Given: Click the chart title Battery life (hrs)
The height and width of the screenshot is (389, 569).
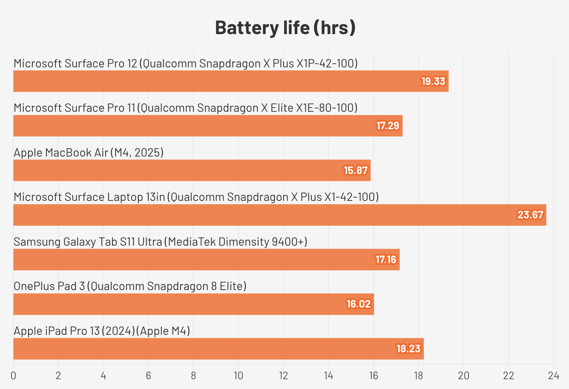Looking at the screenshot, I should click(285, 28).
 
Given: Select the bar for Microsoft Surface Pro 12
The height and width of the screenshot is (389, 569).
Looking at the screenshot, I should click(213, 81).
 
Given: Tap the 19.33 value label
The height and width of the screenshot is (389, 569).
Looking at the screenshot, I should click(433, 81).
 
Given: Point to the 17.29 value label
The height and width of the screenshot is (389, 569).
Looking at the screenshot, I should click(388, 126).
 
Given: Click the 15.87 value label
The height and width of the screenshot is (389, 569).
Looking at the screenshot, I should click(356, 171).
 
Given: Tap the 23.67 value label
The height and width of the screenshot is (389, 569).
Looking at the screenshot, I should click(530, 215).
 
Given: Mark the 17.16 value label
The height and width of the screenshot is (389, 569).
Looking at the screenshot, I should click(386, 259).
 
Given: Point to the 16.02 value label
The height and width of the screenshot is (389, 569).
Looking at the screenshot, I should click(359, 304).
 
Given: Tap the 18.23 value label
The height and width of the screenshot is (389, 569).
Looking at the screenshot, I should click(408, 348).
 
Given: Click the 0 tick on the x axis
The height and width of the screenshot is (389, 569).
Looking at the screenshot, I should click(14, 376).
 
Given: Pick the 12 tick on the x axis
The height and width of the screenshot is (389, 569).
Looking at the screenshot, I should click(283, 376).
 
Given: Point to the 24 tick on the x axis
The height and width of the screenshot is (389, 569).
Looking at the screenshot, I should click(553, 376).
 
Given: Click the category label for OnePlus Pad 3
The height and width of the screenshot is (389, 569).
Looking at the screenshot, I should click(130, 286).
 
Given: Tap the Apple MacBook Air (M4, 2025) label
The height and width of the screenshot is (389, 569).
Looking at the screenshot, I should click(89, 152).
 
